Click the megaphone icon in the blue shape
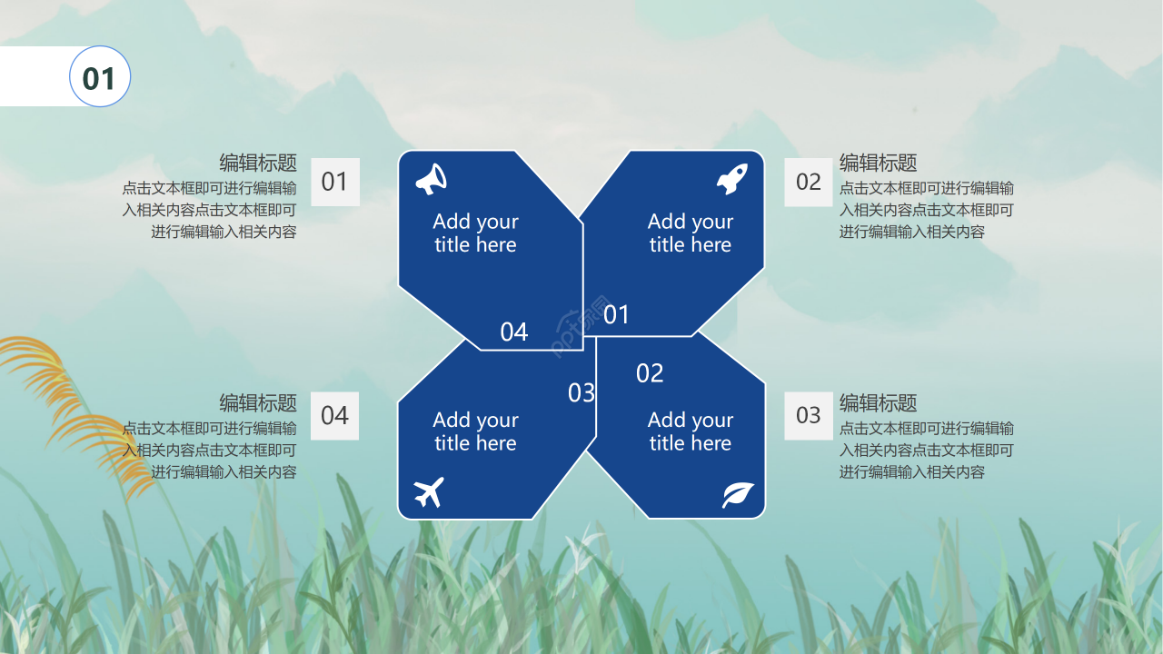click(x=431, y=180)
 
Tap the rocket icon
click(x=732, y=179)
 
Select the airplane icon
click(x=429, y=491)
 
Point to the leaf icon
click(x=738, y=495)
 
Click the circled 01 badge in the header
click(x=100, y=76)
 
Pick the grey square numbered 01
click(x=335, y=182)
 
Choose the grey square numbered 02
click(x=809, y=182)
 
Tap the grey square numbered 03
click(x=809, y=415)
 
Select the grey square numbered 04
click(x=335, y=416)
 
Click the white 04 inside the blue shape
click(x=514, y=332)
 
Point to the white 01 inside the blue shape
click(x=616, y=314)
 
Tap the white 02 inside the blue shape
click(x=650, y=373)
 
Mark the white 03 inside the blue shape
click(x=581, y=393)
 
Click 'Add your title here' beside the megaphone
click(x=475, y=233)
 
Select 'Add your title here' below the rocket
click(x=691, y=233)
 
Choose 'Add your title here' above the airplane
click(x=475, y=431)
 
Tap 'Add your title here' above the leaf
click(x=691, y=431)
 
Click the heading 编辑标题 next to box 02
click(x=879, y=163)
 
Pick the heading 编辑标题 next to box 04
click(x=258, y=402)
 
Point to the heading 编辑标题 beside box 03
click(x=879, y=402)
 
